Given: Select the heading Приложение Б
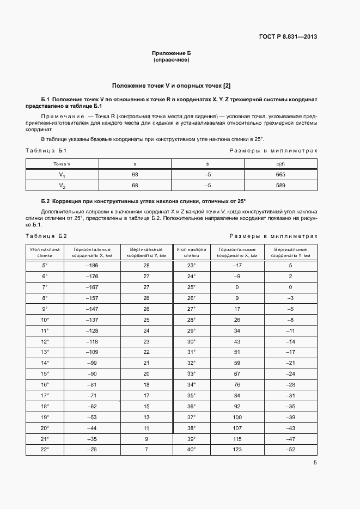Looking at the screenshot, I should [172, 53].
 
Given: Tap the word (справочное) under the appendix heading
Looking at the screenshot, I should [172, 60].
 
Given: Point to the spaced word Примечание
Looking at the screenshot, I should [60, 116].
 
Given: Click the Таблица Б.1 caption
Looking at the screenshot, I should [46, 151].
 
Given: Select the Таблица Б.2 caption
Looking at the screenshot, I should [46, 236].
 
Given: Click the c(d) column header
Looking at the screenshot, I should [280, 164].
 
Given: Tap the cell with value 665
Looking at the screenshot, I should [280, 175].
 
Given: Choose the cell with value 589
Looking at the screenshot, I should [280, 186].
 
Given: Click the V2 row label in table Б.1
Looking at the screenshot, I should [62, 186].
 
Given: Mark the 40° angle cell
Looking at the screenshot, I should [191, 449].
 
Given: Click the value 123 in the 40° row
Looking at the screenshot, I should [237, 449].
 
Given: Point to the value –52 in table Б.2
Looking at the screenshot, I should [290, 449].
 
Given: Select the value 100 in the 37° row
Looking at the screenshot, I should [237, 417].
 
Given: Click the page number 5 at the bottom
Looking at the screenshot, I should [315, 463].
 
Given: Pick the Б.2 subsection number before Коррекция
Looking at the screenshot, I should [46, 201].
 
